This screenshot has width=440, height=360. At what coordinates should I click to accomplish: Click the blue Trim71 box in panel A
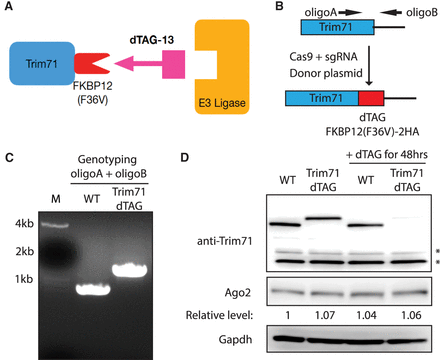(42, 63)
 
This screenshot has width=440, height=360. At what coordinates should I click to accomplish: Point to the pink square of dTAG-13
(173, 64)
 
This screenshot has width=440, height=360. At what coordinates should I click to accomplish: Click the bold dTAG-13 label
(152, 40)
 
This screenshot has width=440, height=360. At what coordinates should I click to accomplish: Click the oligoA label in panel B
(321, 13)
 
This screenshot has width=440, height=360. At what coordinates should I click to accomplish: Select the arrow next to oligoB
(391, 13)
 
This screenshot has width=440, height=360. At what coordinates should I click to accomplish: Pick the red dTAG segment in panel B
(371, 98)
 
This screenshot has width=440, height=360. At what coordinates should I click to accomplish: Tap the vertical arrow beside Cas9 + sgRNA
(369, 66)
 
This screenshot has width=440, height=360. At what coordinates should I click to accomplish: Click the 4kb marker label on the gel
(24, 224)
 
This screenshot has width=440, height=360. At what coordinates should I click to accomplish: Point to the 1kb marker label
(24, 279)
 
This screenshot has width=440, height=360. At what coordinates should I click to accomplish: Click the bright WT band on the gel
(93, 289)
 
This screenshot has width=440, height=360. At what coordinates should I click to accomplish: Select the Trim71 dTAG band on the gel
(129, 270)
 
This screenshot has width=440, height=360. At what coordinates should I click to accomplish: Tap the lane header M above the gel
(56, 199)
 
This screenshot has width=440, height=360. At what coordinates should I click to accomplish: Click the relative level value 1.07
(325, 315)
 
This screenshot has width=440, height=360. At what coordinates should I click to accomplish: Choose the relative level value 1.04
(366, 315)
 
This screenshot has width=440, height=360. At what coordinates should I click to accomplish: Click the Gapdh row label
(235, 340)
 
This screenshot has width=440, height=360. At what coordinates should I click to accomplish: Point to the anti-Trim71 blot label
(224, 241)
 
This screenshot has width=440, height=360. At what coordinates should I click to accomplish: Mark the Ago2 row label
(238, 293)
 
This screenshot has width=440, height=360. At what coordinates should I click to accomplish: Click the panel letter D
(185, 157)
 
